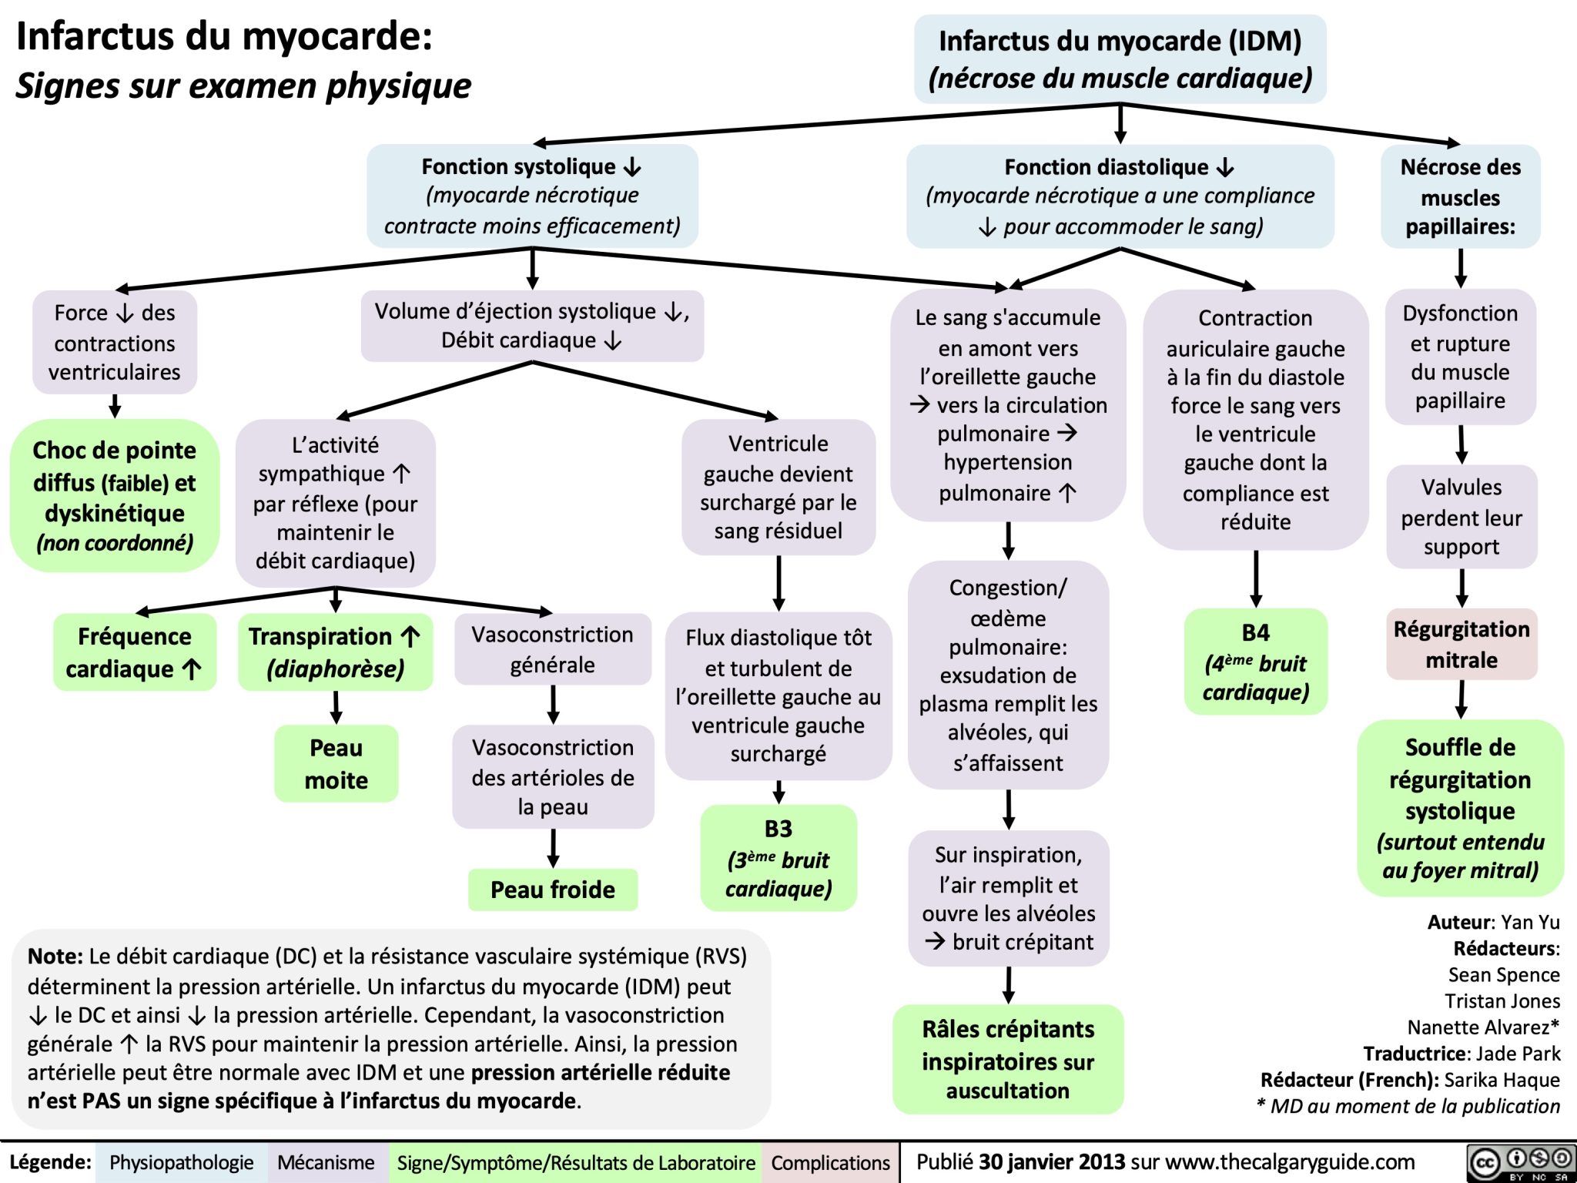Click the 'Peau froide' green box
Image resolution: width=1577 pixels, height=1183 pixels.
(552, 890)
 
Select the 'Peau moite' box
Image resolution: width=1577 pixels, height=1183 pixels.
(336, 763)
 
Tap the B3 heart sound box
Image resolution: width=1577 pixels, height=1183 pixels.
(778, 857)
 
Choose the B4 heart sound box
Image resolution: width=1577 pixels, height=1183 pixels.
(1255, 662)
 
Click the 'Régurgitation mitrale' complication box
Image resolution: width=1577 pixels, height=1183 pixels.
(1461, 644)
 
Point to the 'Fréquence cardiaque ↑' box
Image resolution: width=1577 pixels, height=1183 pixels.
(134, 652)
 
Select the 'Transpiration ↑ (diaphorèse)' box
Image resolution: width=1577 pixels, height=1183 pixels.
(335, 652)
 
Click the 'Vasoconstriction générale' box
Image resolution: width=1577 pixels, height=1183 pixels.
(552, 648)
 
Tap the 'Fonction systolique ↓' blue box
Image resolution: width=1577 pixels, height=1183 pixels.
(532, 196)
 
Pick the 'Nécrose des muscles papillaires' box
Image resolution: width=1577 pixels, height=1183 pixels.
(1460, 196)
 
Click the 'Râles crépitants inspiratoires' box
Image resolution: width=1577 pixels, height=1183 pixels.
(1007, 1059)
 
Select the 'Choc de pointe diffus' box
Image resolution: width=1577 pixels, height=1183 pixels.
(115, 495)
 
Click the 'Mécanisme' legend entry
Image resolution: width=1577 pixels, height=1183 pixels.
(326, 1162)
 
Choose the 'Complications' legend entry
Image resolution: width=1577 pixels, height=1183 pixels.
(830, 1162)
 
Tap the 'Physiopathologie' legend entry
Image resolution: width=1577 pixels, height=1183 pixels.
(181, 1162)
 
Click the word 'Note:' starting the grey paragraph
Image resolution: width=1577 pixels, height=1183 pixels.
(55, 956)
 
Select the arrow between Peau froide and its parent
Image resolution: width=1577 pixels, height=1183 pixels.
(552, 848)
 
